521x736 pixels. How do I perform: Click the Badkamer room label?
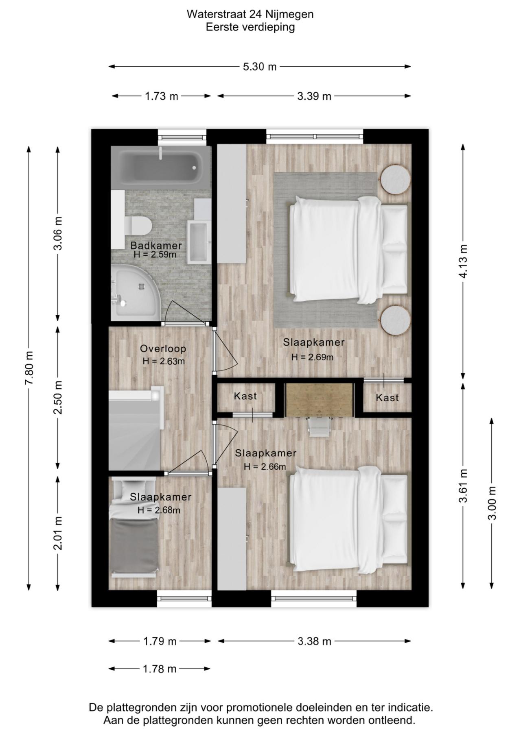(x=156, y=246)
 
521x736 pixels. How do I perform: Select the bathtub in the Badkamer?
(x=161, y=167)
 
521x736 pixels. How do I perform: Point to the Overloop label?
(x=163, y=348)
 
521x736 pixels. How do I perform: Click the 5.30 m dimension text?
(x=260, y=67)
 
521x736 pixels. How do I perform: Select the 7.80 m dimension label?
(x=29, y=368)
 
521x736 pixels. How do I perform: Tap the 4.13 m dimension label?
(x=463, y=261)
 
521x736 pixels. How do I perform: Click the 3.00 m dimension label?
(x=492, y=503)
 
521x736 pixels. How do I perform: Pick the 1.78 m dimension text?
(x=160, y=669)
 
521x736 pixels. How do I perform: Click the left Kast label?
(x=245, y=396)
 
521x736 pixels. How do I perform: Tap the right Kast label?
(x=387, y=398)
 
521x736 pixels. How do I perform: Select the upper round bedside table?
(x=395, y=179)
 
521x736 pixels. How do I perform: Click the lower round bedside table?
(x=395, y=320)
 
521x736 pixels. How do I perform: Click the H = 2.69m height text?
(x=312, y=357)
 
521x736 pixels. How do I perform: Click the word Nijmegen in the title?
(x=289, y=14)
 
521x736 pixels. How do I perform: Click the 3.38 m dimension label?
(x=314, y=641)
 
